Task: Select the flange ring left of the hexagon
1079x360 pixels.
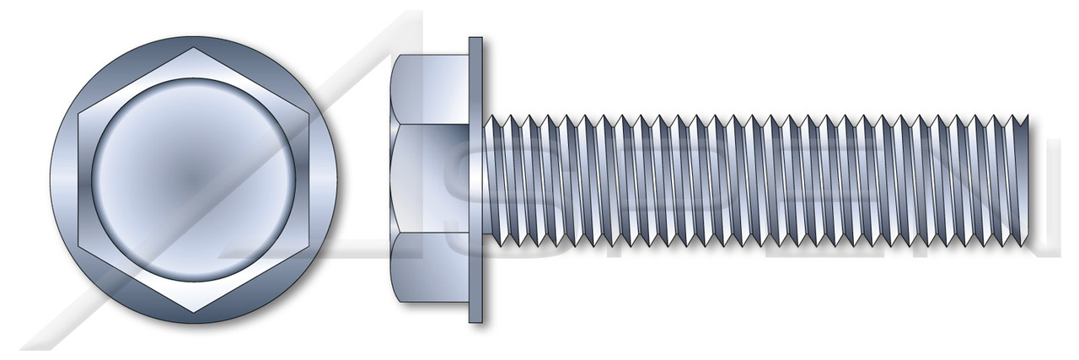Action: (64, 180)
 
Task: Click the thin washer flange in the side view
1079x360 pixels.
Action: (475, 180)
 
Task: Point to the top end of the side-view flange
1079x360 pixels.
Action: (475, 40)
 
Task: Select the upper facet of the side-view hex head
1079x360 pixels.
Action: (430, 89)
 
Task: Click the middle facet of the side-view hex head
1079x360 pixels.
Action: (430, 180)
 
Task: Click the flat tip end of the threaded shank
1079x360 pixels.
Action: (1026, 180)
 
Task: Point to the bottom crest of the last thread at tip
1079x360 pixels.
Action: (1016, 244)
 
